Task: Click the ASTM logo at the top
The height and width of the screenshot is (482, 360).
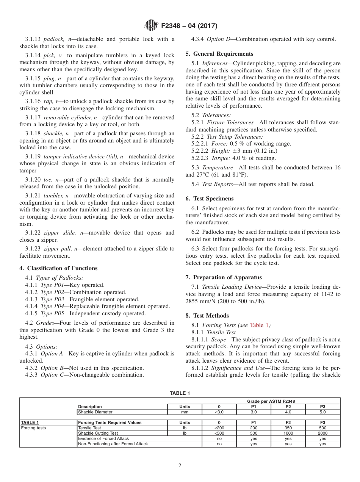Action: pyautogui.click(x=152, y=26)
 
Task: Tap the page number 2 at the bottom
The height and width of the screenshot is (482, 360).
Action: pyautogui.click(x=180, y=466)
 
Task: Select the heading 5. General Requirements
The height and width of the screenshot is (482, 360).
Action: pyautogui.click(x=219, y=54)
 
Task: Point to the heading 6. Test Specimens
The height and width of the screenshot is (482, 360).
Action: pyautogui.click(x=210, y=199)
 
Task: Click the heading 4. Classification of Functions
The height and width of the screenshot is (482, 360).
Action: pyautogui.click(x=58, y=268)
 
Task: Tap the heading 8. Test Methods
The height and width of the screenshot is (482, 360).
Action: pyautogui.click(x=207, y=316)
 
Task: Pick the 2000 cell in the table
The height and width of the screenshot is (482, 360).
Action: pyautogui.click(x=322, y=433)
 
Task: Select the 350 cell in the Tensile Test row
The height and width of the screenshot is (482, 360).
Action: pyautogui.click(x=288, y=428)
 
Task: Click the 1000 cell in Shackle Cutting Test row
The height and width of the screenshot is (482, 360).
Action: pyautogui.click(x=288, y=433)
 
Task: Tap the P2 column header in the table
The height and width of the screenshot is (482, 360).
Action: pyautogui.click(x=288, y=407)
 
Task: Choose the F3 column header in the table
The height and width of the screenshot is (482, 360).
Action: pyautogui.click(x=322, y=423)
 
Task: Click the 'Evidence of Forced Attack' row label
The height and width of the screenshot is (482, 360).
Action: pyautogui.click(x=98, y=438)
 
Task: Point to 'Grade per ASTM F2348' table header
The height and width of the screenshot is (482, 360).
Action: pyautogui.click(x=271, y=401)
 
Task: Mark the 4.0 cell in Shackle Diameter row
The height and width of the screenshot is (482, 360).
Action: pyautogui.click(x=288, y=412)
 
